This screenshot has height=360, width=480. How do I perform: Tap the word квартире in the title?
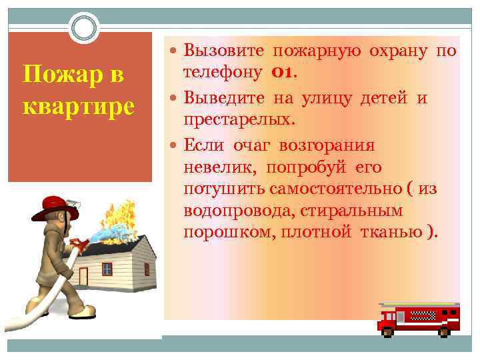(x=79, y=105)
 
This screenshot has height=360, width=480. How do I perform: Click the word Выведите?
(x=226, y=99)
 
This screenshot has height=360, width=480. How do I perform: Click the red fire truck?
(x=418, y=317)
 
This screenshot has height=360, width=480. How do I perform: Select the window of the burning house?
(x=107, y=268)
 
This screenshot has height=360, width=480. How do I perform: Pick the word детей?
(x=387, y=99)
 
